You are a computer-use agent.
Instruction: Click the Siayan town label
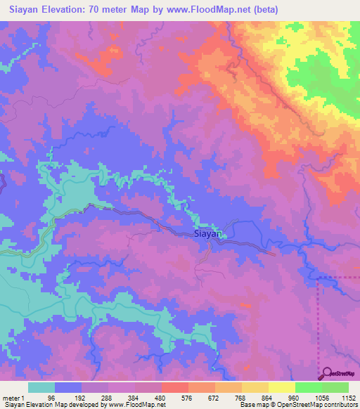point(208,235)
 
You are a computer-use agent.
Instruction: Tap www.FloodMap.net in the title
point(209,10)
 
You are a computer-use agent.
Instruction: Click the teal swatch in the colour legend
point(41,388)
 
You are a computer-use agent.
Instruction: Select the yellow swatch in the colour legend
point(255,388)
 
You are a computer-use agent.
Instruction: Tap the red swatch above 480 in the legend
point(174,388)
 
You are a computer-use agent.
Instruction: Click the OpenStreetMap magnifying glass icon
point(328,374)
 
